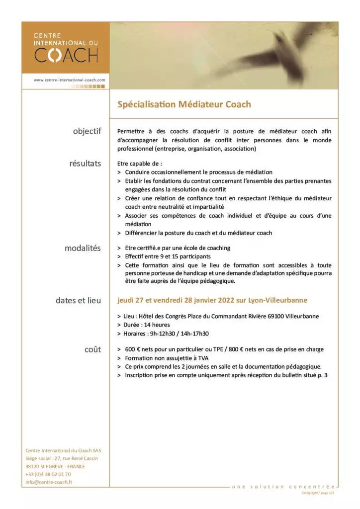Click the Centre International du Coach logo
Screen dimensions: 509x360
pyautogui.click(x=66, y=48)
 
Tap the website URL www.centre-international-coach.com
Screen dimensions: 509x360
pyautogui.click(x=69, y=80)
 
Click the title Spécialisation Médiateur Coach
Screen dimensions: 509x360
pyautogui.click(x=184, y=104)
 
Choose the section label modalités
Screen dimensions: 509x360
pyautogui.click(x=83, y=248)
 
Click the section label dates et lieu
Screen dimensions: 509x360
pyautogui.click(x=78, y=300)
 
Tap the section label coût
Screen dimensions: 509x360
pyautogui.click(x=92, y=349)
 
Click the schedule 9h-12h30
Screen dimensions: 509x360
pyautogui.click(x=164, y=334)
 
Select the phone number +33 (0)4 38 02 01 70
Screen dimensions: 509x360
pyautogui.click(x=48, y=474)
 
